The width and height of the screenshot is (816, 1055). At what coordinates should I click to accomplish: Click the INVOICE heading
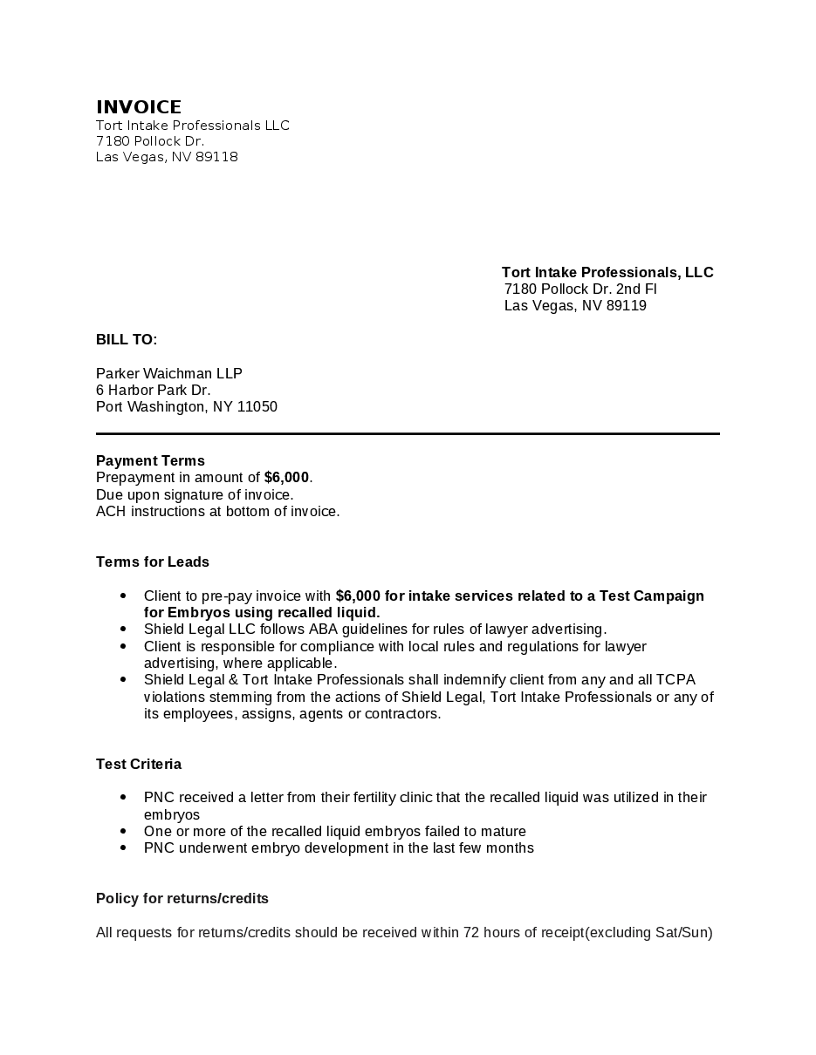point(139,107)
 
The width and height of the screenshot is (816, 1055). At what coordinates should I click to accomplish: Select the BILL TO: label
point(127,340)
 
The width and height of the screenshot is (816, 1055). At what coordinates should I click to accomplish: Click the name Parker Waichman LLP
point(168,374)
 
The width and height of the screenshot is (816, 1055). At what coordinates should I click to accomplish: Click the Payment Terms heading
point(150,461)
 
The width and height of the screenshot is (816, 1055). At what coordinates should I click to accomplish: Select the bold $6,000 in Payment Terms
point(286,478)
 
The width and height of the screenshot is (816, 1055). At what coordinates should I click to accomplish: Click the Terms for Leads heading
point(153,562)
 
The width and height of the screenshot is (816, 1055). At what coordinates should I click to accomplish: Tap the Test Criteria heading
point(139,765)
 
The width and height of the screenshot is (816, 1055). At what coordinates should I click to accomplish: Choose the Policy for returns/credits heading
point(182,899)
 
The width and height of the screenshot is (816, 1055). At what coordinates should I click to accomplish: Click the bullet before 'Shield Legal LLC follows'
point(123,630)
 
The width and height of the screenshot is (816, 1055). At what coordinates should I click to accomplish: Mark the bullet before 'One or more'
point(123,832)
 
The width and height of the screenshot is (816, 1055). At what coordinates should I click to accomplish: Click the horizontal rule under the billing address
point(408,433)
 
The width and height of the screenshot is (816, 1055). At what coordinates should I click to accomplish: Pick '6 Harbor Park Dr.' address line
point(153,391)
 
